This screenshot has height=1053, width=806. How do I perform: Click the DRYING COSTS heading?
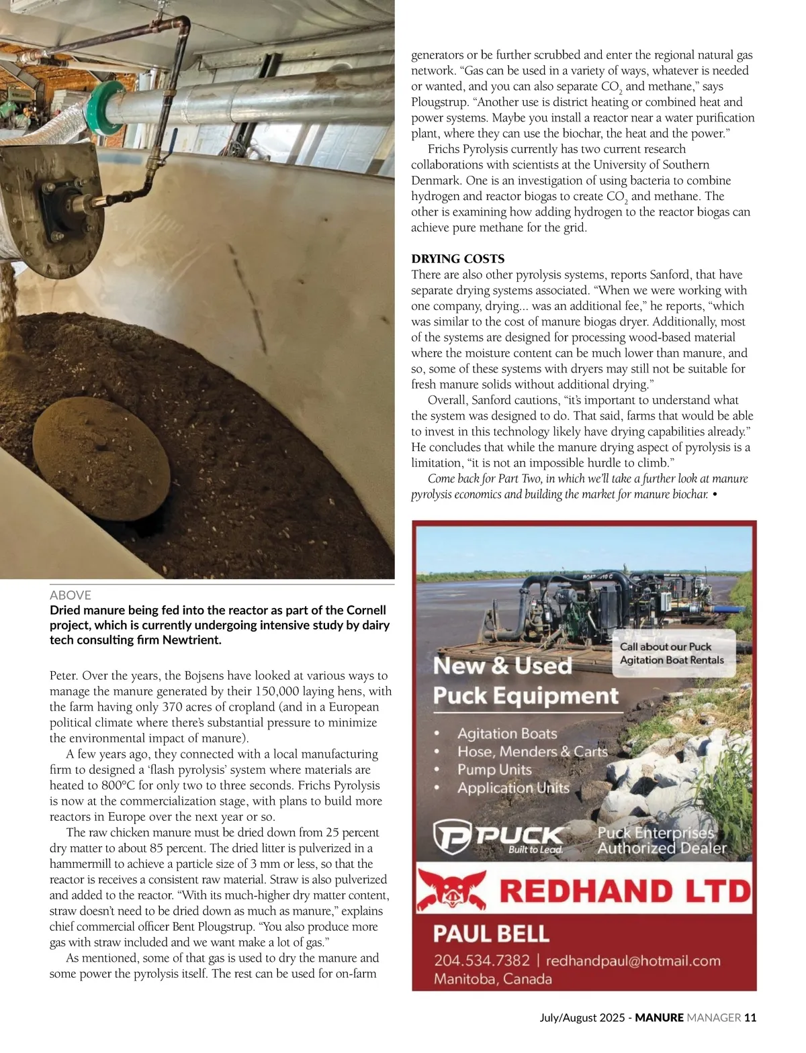tap(457, 259)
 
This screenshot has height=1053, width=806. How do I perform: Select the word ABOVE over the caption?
tap(71, 595)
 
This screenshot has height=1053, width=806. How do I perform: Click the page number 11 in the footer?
tap(750, 1017)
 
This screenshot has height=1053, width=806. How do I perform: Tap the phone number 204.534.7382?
tap(482, 961)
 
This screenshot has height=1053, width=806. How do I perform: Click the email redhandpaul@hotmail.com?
tap(633, 961)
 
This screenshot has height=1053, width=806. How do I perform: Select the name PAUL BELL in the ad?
tap(491, 934)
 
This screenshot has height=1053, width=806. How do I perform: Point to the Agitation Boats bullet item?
tap(507, 734)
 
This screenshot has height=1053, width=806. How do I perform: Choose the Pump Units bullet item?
tap(494, 770)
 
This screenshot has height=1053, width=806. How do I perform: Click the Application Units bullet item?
tap(513, 788)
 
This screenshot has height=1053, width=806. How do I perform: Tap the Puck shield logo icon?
tap(451, 836)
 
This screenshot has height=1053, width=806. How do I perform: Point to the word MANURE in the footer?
tap(660, 1017)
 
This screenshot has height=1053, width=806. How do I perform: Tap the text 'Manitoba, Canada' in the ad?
tap(493, 979)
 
